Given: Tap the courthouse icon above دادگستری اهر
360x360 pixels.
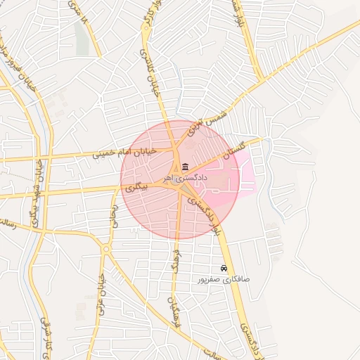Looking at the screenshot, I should [185, 167].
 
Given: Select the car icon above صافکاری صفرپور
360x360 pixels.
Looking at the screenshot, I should [224, 269].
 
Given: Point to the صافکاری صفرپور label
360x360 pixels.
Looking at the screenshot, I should [224, 279].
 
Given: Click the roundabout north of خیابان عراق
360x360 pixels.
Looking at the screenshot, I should [105, 250].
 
